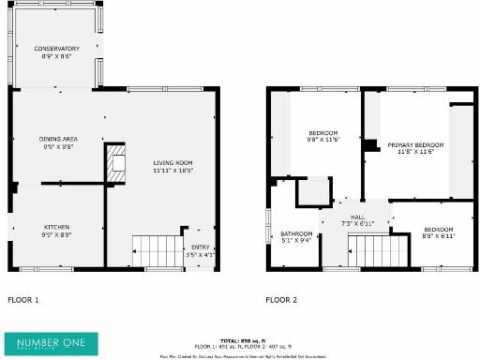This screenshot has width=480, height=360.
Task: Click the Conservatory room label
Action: (x=56, y=49)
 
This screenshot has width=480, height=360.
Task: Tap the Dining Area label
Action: (x=56, y=138)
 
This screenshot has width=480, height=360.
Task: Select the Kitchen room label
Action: (x=56, y=227)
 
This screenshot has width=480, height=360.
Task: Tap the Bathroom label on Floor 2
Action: (x=296, y=233)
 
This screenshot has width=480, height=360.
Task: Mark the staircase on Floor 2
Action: (x=379, y=250)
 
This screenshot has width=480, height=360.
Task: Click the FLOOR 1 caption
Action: (x=23, y=300)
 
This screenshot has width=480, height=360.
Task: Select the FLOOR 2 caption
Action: (x=281, y=300)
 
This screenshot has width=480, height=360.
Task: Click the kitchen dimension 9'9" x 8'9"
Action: (x=56, y=233)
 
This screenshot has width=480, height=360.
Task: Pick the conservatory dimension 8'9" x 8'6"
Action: (x=56, y=55)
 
